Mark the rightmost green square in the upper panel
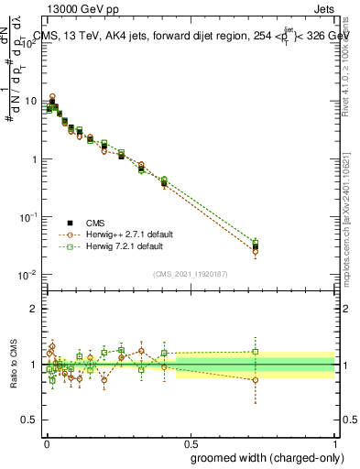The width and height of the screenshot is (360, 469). pos(256,243)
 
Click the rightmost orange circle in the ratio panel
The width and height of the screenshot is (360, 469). pos(256,379)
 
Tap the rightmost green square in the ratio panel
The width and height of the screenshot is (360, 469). pos(256,351)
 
